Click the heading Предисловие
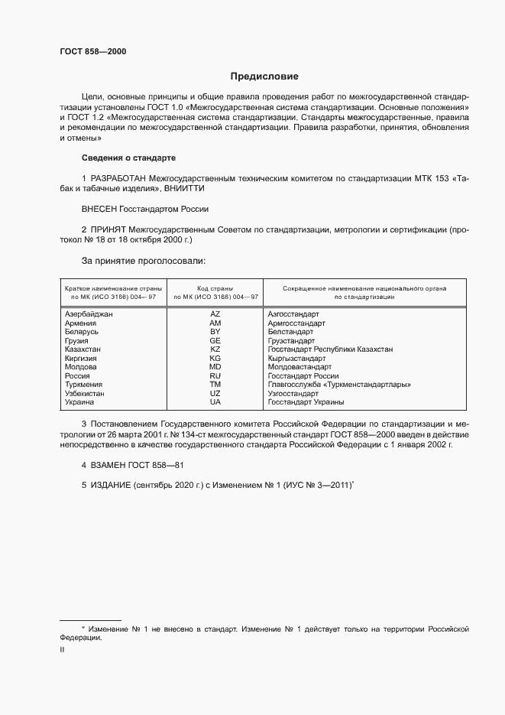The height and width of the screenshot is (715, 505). coord(265,76)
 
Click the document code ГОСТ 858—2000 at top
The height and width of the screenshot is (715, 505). coord(92,52)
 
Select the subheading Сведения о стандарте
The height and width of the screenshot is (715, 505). coord(128,158)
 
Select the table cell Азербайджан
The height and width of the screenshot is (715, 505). coord(89,314)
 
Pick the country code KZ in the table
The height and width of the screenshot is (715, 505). coord(215,349)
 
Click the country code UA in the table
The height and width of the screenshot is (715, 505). coord(215,401)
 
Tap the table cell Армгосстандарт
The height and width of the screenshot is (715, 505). coord(296,323)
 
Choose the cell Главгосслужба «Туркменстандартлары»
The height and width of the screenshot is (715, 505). coord(339,385)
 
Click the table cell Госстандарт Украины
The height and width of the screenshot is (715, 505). coord(306,401)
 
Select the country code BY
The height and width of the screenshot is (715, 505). coord(215,332)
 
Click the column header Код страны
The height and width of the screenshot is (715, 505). coord(215,288)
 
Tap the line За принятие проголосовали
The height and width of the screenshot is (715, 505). coord(143,261)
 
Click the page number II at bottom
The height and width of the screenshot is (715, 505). coord(62,649)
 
